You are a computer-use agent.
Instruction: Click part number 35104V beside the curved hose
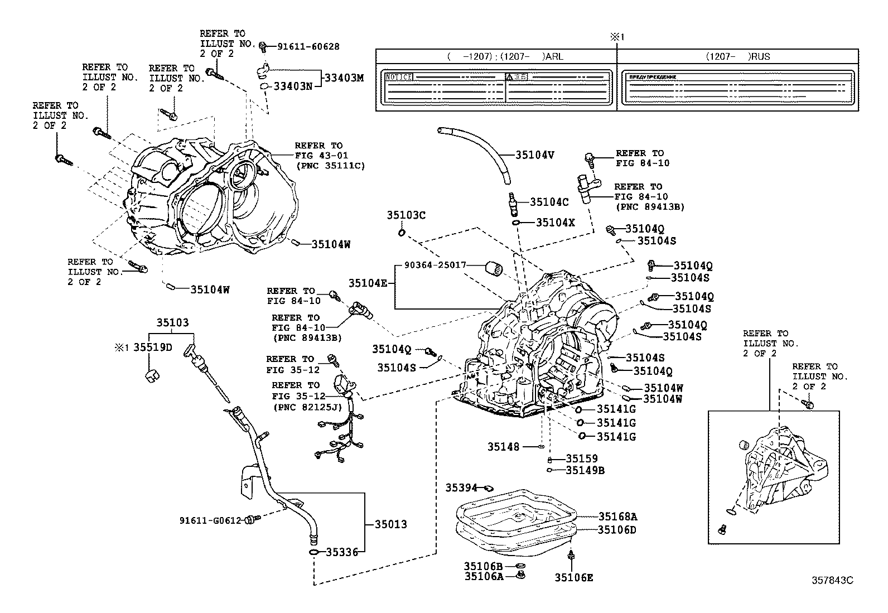(x=534, y=155)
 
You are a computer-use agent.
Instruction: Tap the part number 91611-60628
(x=308, y=47)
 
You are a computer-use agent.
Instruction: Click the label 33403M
(x=344, y=78)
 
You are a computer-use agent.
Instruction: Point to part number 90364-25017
(x=436, y=265)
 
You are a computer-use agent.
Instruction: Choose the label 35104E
(x=368, y=283)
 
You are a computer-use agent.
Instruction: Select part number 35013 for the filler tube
(x=390, y=524)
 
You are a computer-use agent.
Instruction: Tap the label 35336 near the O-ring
(x=341, y=552)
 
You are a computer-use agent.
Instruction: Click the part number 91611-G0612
(x=210, y=520)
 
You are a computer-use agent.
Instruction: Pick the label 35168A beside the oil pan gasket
(x=617, y=517)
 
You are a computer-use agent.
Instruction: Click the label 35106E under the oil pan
(x=573, y=578)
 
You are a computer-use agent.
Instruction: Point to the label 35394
(x=461, y=488)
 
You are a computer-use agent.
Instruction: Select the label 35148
(x=503, y=447)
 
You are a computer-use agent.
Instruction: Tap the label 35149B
(x=585, y=470)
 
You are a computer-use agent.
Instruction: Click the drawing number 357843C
(x=832, y=580)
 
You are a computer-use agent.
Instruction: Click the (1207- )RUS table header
(x=737, y=56)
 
